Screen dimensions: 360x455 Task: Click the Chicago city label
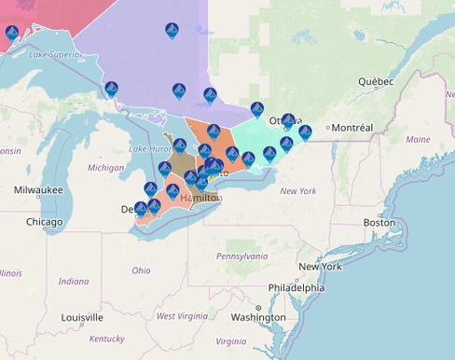click(x=45, y=223)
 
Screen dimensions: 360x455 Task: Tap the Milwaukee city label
click(x=38, y=189)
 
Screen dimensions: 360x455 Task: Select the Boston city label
click(x=379, y=223)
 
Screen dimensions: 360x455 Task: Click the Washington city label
click(x=258, y=317)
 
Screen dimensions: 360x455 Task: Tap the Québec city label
click(x=378, y=81)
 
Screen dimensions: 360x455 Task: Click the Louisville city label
click(x=82, y=317)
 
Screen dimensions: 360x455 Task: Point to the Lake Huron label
click(x=150, y=149)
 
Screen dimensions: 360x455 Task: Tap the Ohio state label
click(x=141, y=270)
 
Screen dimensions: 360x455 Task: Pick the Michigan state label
click(x=105, y=168)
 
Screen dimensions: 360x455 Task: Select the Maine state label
click(x=419, y=139)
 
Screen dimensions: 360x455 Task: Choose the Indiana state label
click(x=74, y=281)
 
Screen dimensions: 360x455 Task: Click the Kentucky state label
click(x=107, y=339)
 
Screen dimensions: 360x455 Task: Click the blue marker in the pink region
click(x=12, y=35)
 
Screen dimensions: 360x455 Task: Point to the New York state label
click(x=298, y=191)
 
